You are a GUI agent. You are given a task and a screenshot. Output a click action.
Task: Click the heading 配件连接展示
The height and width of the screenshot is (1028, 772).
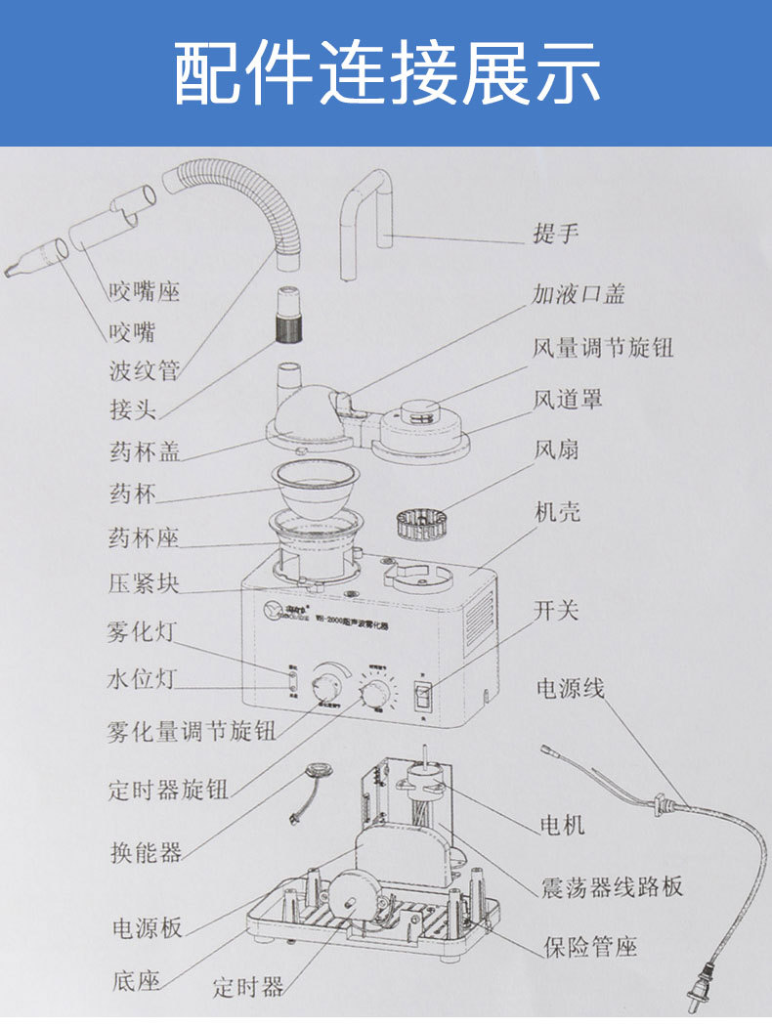[x=387, y=73]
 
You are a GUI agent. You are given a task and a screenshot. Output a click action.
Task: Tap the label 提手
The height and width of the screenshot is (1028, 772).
[x=555, y=235]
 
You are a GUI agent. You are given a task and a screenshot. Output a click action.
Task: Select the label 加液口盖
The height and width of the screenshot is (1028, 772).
[x=578, y=293]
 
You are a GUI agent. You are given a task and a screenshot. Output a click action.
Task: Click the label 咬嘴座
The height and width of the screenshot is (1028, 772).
[x=144, y=290]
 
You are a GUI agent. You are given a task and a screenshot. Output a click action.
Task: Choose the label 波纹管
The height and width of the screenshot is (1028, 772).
[x=144, y=371]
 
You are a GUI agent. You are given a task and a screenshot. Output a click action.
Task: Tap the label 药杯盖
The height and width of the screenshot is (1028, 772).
[x=144, y=452]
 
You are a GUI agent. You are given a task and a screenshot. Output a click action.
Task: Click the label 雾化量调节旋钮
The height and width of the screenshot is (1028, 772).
[x=191, y=731]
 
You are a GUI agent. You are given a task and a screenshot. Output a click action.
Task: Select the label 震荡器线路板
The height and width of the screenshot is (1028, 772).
[x=612, y=886]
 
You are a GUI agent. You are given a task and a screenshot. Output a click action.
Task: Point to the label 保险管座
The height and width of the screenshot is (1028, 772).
[x=590, y=946]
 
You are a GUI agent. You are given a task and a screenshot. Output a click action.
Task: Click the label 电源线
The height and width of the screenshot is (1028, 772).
[x=569, y=688]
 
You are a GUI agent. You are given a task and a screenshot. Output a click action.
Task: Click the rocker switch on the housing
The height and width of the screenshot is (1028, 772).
[x=422, y=695]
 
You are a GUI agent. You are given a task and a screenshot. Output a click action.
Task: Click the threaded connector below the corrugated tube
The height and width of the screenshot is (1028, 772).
[x=287, y=315]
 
